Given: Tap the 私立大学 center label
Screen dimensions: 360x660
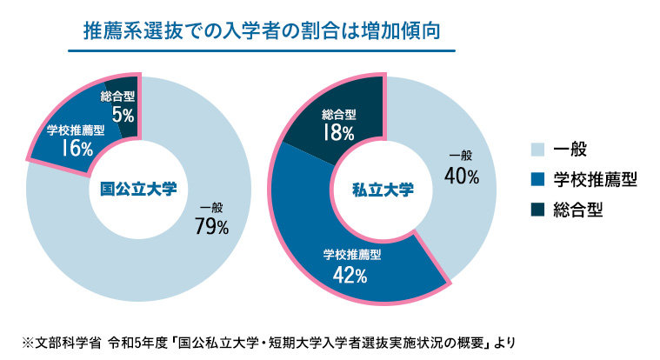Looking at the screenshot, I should [383, 188].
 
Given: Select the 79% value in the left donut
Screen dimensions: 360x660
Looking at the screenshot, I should [212, 227].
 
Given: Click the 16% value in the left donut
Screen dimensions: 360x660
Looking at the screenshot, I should [77, 148].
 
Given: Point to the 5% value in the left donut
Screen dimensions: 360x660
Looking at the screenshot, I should [122, 113].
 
